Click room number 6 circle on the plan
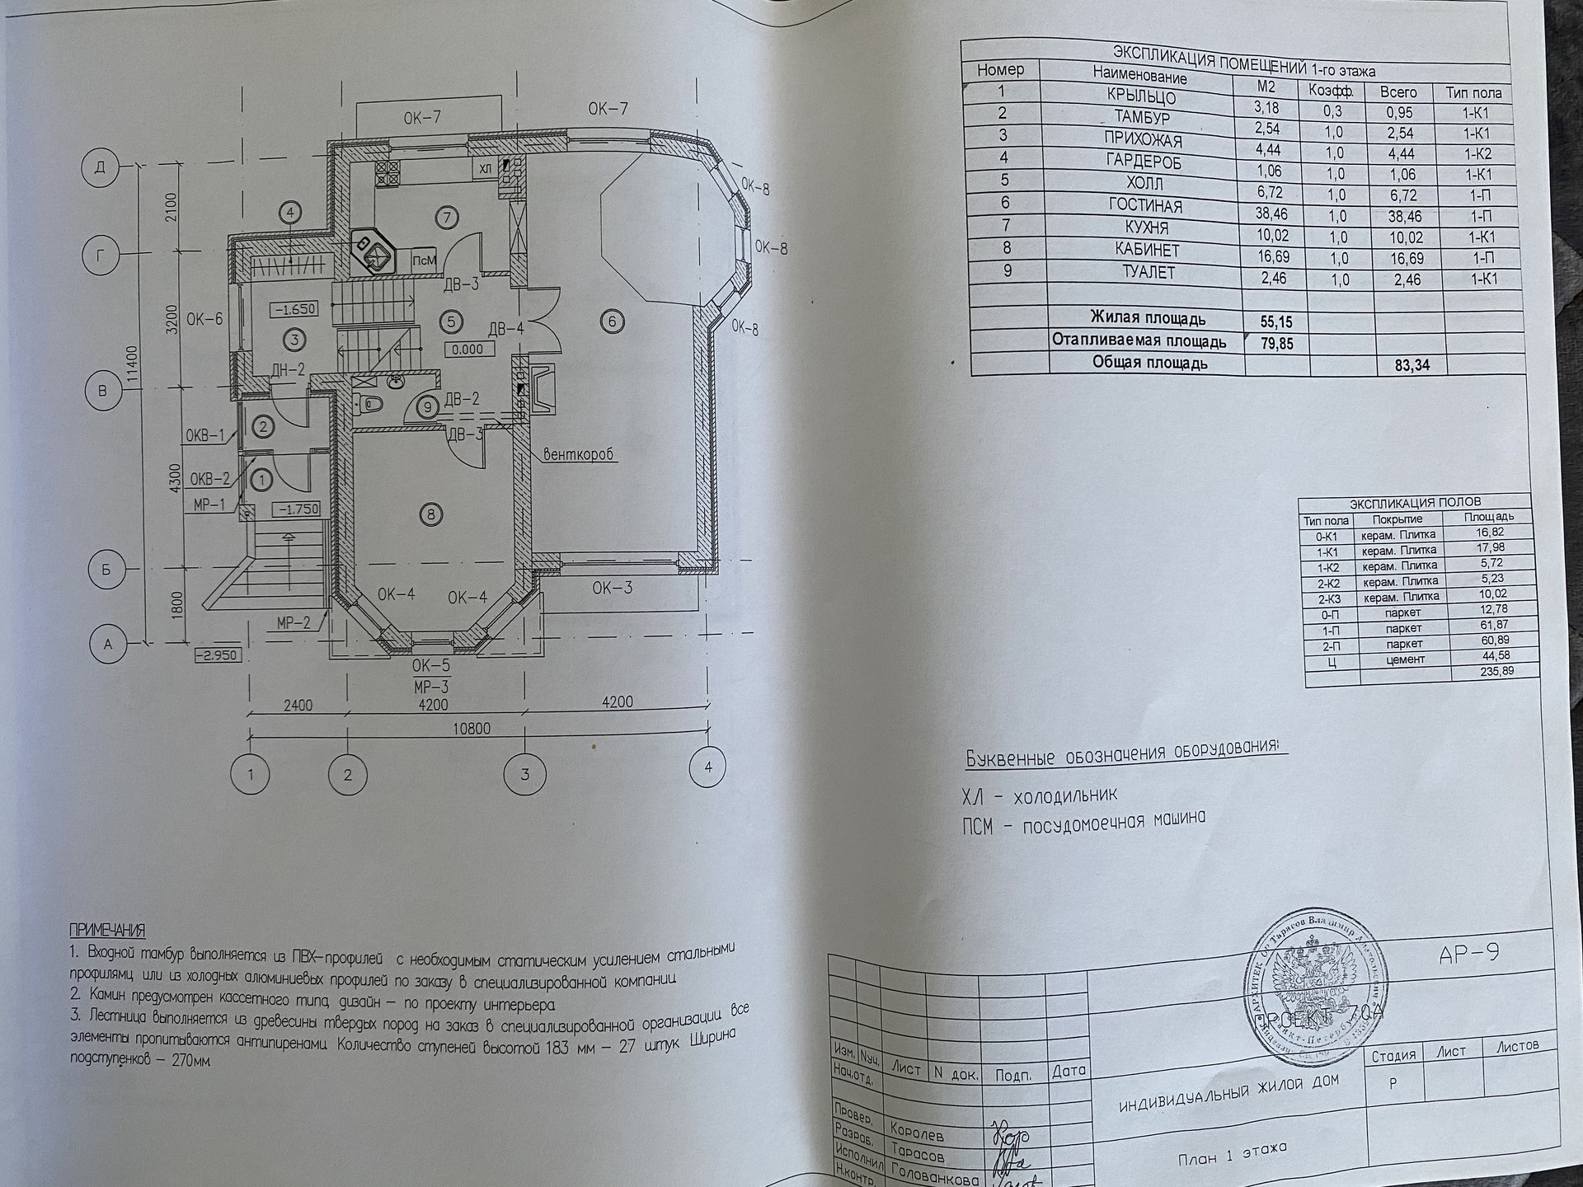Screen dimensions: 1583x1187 (612, 321)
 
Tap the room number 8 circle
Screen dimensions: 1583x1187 (430, 515)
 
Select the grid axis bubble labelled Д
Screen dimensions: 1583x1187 (101, 168)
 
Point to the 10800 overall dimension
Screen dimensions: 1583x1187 (472, 729)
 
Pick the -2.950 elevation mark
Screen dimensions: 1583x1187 (216, 655)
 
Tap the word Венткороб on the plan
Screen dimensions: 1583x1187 (579, 454)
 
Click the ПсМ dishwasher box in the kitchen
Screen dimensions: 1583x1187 (424, 260)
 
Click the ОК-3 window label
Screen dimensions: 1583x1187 (612, 588)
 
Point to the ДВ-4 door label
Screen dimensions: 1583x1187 (506, 329)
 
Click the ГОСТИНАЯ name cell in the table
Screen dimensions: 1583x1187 (1145, 206)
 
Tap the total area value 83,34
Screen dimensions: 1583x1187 (1412, 365)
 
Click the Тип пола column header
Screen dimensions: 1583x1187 (1474, 93)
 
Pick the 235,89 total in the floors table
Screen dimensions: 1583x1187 (1495, 672)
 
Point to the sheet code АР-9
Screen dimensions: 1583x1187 (1468, 954)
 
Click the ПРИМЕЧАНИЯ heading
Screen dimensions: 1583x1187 (107, 931)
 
